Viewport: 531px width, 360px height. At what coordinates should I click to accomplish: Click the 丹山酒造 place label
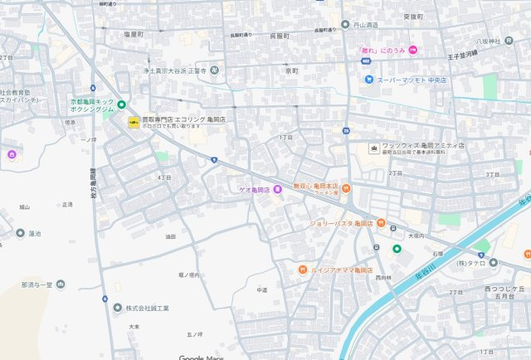(365, 24)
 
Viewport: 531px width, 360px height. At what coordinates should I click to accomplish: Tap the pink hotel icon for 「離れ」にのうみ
(412, 51)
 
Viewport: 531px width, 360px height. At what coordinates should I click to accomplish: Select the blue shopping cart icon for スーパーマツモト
(368, 80)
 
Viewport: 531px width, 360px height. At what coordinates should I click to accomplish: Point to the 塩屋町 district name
(134, 34)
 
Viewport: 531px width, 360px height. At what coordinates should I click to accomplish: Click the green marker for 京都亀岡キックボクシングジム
(121, 105)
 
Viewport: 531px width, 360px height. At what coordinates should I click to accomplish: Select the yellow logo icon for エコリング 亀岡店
(134, 123)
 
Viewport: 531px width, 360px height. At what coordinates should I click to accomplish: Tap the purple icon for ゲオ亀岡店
(277, 190)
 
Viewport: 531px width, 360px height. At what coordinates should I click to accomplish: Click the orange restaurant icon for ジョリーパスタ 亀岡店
(380, 222)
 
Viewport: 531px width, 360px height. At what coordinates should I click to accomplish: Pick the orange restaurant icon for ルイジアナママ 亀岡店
(304, 270)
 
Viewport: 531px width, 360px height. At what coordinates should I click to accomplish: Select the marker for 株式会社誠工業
(117, 308)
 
